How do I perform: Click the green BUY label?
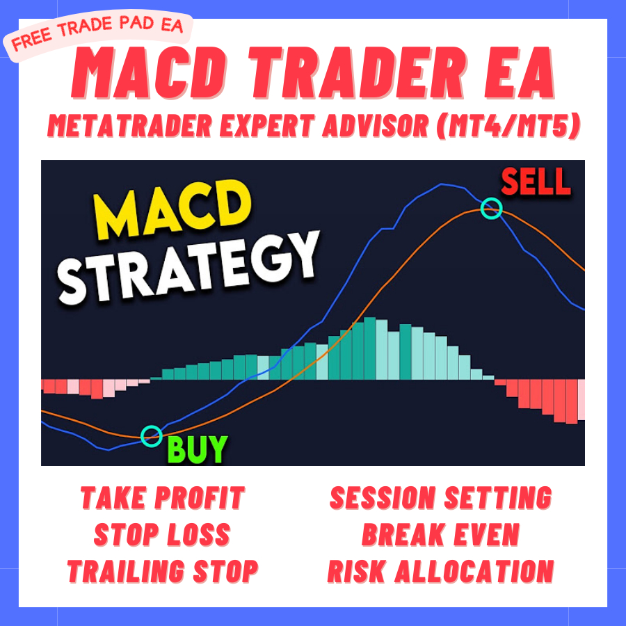point(197,449)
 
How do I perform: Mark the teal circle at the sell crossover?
point(492,207)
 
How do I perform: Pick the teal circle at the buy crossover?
point(151,435)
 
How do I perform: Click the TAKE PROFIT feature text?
point(163,498)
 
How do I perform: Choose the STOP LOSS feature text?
point(162,535)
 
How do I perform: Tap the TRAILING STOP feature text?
point(163,571)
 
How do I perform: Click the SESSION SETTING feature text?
point(440,498)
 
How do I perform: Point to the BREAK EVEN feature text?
point(440,535)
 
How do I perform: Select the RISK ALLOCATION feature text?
point(440,571)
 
